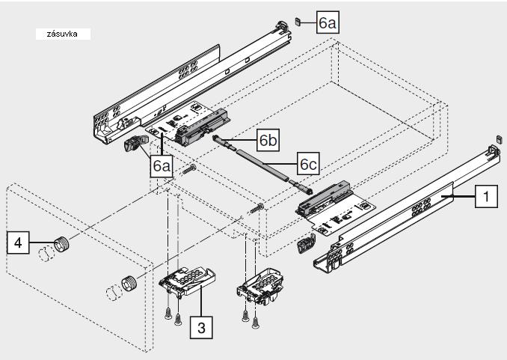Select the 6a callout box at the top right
(x=328, y=23)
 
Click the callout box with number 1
(x=486, y=198)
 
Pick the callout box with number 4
(x=18, y=242)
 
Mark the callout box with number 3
(x=200, y=326)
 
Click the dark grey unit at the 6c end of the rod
(x=325, y=198)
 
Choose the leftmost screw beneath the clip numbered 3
(x=168, y=315)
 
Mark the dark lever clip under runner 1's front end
(x=305, y=243)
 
